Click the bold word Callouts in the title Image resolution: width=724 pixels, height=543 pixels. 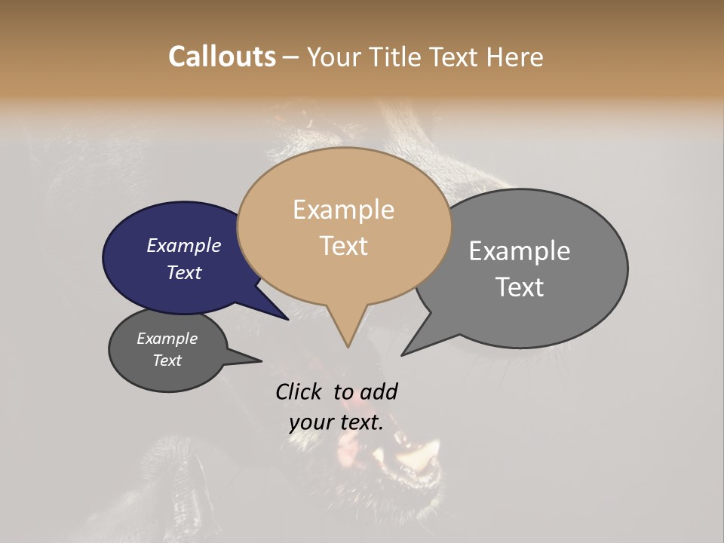pos(222,57)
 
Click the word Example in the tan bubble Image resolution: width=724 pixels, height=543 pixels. pos(343,210)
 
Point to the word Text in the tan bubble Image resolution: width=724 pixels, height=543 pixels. pos(343,246)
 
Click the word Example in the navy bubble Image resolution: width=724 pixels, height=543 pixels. pos(184,245)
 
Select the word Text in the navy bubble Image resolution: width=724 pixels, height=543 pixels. pos(184,272)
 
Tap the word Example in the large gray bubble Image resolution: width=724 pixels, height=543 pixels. pos(520,251)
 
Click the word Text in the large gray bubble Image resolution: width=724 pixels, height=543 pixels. pos(520,287)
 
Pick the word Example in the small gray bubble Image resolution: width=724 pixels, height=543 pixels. pos(167,339)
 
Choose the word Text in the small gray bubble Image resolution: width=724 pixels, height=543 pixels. pos(167,360)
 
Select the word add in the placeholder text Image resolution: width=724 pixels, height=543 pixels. pos(379,391)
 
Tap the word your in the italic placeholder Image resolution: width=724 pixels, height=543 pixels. pos(311,422)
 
